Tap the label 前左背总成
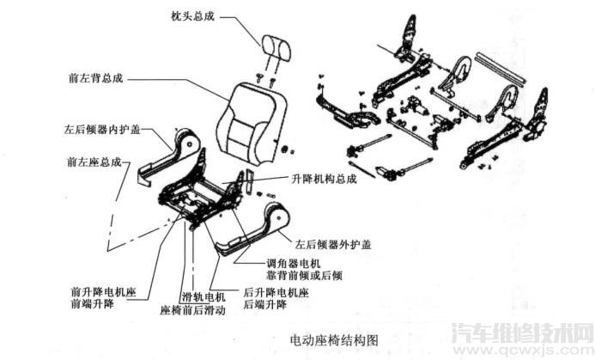pos(96,77)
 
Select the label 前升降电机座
pos(104,292)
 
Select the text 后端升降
pos(262,305)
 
